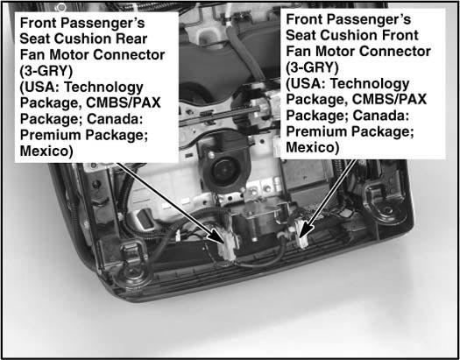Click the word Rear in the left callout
pyautogui.click(x=131, y=39)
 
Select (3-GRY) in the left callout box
pyautogui.click(x=46, y=71)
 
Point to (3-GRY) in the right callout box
pyautogui.click(x=312, y=67)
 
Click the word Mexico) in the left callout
pyautogui.click(x=46, y=151)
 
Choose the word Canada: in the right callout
pyautogui.click(x=381, y=116)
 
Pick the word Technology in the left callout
pyautogui.click(x=103, y=88)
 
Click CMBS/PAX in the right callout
pyautogui.click(x=389, y=99)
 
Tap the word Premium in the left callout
pyautogui.click(x=50, y=135)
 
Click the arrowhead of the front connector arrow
pyautogui.click(x=305, y=230)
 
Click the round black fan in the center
pyautogui.click(x=225, y=171)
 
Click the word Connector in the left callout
pyautogui.click(x=135, y=55)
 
